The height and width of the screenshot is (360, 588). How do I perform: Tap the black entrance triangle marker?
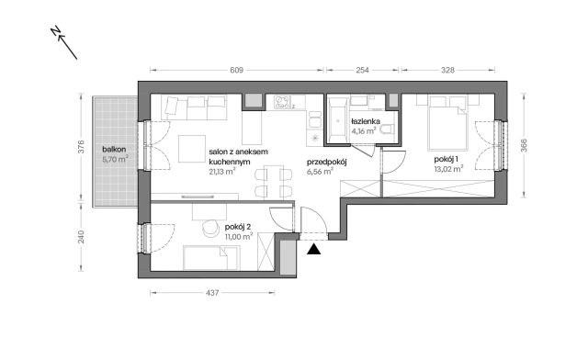click(x=314, y=246)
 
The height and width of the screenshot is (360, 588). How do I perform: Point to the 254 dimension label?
click(x=363, y=70)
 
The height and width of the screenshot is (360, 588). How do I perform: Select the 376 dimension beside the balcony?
click(x=81, y=149)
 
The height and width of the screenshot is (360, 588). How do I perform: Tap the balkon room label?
click(x=113, y=149)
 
